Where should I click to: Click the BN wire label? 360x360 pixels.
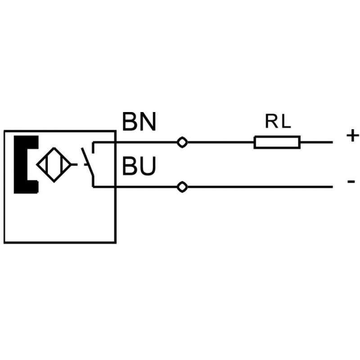click(139, 122)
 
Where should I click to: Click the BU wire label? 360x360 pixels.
click(139, 167)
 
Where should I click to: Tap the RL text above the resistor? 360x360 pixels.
click(278, 122)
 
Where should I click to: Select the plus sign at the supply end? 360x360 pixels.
click(352, 135)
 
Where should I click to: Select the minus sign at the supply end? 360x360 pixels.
click(351, 181)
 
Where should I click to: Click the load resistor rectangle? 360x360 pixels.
click(277, 142)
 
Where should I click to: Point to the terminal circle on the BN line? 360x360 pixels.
click(182, 142)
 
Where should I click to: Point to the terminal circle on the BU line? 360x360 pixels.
click(182, 187)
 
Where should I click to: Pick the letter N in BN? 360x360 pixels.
click(148, 122)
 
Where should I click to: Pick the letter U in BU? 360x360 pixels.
click(148, 167)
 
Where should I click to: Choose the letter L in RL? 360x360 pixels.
click(285, 122)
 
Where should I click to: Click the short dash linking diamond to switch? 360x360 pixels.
click(75, 165)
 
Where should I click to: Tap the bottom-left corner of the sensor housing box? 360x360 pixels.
click(4, 243)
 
